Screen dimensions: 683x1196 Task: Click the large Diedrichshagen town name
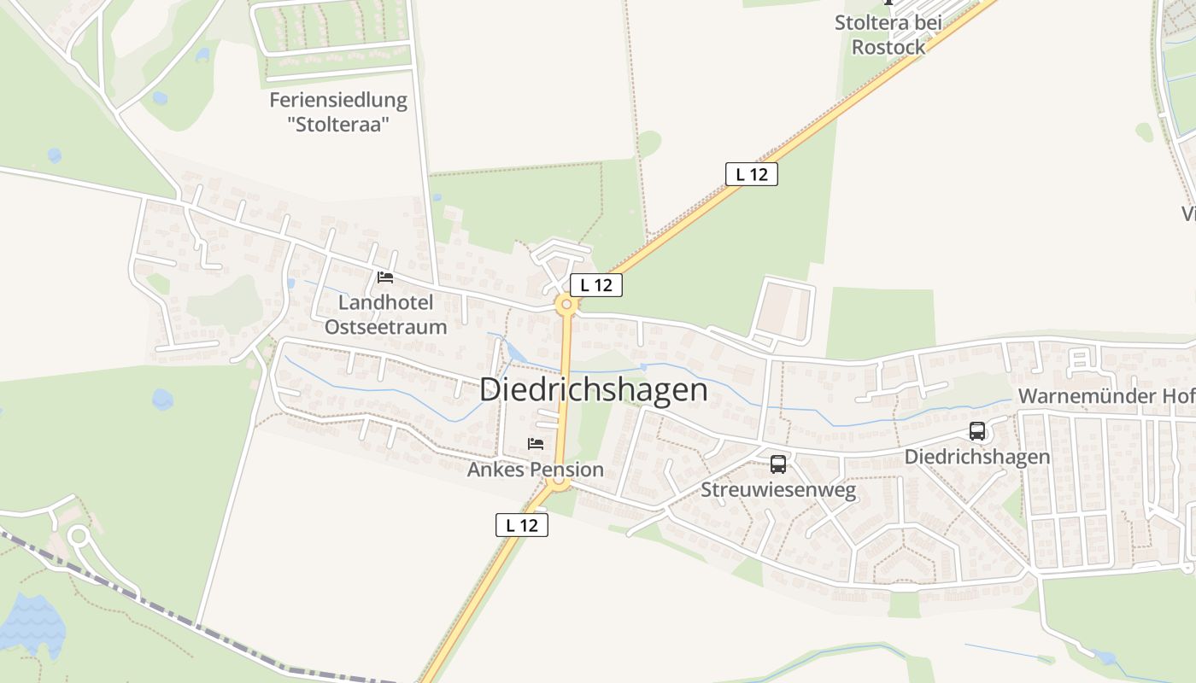tap(593, 389)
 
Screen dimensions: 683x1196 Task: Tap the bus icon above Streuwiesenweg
tap(778, 464)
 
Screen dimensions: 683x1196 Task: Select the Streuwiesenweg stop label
tap(778, 489)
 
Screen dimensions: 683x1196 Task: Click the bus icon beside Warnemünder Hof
tap(977, 431)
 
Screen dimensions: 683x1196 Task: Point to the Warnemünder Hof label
tap(1105, 396)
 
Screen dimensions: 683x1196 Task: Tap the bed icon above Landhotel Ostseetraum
tap(385, 277)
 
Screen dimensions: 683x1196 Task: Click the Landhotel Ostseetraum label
tap(385, 314)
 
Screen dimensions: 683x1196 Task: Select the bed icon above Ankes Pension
tap(536, 444)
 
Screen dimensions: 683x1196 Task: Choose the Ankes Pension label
tap(535, 470)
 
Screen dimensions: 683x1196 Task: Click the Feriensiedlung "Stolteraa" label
tap(338, 112)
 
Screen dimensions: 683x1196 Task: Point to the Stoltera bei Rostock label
tap(888, 35)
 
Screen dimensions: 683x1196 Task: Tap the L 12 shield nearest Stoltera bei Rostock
tap(752, 174)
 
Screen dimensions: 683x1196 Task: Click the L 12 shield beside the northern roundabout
tap(596, 285)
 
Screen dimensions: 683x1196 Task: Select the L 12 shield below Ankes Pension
tap(521, 525)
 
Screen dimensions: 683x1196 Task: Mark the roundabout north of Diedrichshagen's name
tap(566, 304)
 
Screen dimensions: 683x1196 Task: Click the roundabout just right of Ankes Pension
tap(560, 482)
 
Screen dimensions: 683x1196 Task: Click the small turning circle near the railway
tap(79, 537)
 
